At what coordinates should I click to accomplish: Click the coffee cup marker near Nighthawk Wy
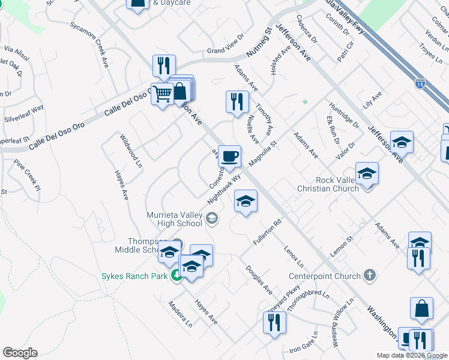229,157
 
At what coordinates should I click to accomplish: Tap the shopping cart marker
162,94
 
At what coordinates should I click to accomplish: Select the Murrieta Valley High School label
174,219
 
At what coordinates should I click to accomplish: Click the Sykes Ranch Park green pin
176,276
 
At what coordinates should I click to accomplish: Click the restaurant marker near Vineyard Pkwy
274,322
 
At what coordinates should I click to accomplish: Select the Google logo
20,353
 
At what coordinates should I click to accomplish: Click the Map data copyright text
412,355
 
